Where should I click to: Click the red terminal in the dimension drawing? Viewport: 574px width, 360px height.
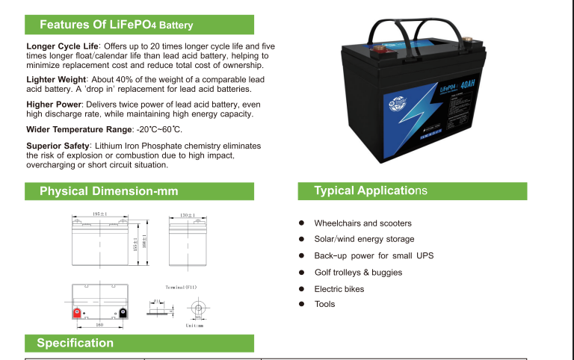coord(76,312)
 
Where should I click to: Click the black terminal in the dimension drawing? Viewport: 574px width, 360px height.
coord(123,312)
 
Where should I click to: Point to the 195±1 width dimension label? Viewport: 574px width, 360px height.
coord(99,214)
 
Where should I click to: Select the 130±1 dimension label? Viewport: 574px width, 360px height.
coord(188,215)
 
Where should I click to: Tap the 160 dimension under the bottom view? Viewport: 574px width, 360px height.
coord(99,326)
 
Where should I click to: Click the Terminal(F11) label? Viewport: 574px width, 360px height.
coord(181,287)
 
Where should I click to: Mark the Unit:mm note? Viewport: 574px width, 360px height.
coord(194,326)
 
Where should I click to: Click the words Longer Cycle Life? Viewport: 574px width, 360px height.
coord(58,46)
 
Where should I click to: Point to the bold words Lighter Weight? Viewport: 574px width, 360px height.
coord(56,78)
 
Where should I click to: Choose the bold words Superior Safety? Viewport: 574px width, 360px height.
coord(58,146)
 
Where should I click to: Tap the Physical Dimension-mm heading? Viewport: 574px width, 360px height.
coord(108,191)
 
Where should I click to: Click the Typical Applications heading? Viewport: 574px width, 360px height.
coord(370,191)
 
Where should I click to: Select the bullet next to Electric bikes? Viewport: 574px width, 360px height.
coord(301,289)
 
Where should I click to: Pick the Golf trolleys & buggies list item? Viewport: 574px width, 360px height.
coord(358,273)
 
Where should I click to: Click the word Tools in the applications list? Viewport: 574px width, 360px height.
coord(324,304)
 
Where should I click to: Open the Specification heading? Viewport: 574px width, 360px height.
coord(75,343)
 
